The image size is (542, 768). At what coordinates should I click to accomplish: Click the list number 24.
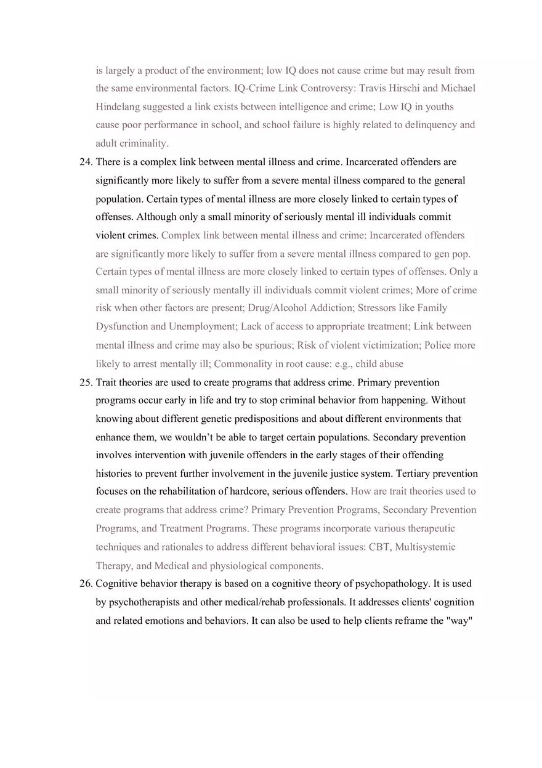coord(86,162)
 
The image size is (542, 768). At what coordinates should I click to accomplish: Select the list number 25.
coord(86,382)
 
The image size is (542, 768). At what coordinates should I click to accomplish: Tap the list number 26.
coord(86,583)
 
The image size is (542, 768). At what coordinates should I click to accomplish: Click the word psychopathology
coord(393,583)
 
